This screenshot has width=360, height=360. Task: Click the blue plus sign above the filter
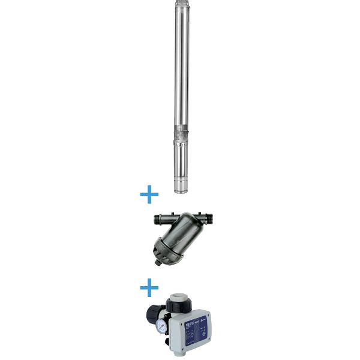[x=149, y=195]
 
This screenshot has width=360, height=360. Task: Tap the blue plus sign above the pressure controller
[x=149, y=289]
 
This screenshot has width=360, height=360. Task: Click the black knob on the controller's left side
[x=149, y=313]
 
